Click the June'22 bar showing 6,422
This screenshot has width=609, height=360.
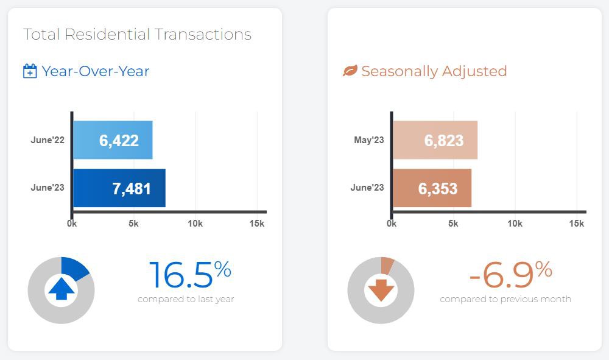(113, 140)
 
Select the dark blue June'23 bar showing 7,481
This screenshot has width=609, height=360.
(119, 188)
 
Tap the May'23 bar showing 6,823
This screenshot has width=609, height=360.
(435, 140)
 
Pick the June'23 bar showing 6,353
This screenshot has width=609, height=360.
(432, 188)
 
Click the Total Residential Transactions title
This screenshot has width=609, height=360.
(137, 34)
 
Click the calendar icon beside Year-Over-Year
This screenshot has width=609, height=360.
(30, 71)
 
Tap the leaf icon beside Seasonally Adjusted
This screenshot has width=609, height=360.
(350, 71)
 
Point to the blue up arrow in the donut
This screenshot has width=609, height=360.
(61, 289)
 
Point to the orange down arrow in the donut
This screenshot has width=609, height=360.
(381, 289)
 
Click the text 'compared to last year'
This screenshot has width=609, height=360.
(186, 299)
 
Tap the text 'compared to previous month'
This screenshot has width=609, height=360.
(505, 299)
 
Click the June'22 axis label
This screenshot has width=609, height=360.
(48, 140)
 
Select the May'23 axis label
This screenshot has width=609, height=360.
(368, 140)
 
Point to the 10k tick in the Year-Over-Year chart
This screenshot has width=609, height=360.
(195, 224)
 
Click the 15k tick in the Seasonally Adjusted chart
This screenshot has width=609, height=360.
(576, 224)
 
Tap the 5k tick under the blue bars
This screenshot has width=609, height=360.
(133, 224)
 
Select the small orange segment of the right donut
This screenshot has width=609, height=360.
(387, 263)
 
